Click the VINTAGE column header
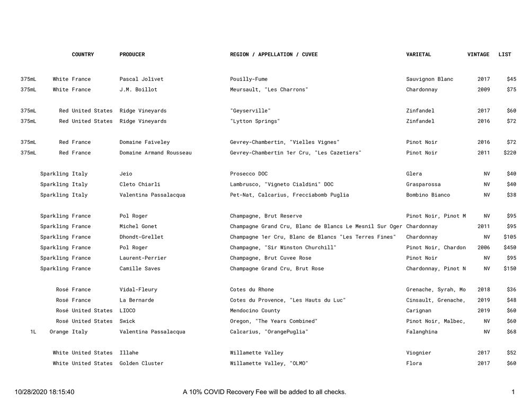[478, 54]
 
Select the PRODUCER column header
[132, 54]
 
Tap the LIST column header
[505, 54]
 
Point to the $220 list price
[510, 153]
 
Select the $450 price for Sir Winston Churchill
[510, 248]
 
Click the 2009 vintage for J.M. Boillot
[483, 90]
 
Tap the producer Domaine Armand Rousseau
[155, 153]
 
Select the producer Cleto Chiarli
[140, 185]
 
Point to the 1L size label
[33, 332]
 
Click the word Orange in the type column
[59, 332]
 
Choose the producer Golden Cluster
[142, 363]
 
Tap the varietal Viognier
[419, 353]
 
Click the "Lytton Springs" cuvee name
[254, 121]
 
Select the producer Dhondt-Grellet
[142, 237]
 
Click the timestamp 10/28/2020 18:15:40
[45, 392]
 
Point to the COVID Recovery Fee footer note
[264, 392]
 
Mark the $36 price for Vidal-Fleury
[511, 290]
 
